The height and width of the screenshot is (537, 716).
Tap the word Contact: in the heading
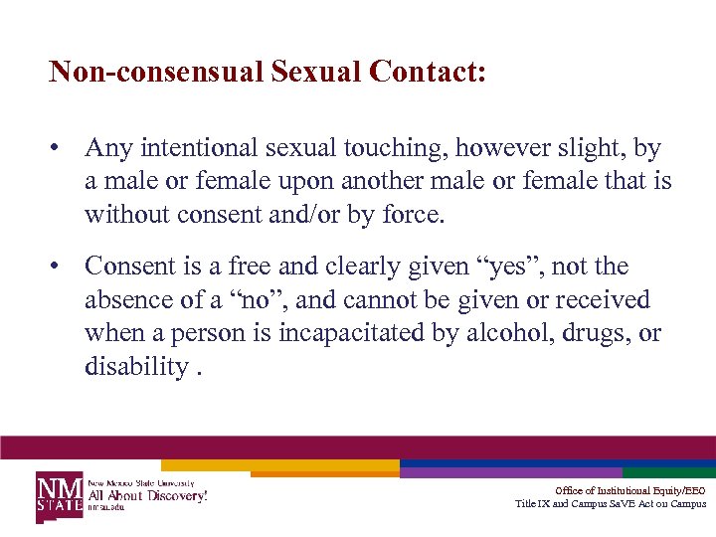[427, 72]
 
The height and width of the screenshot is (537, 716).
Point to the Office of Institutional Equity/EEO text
[630, 490]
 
